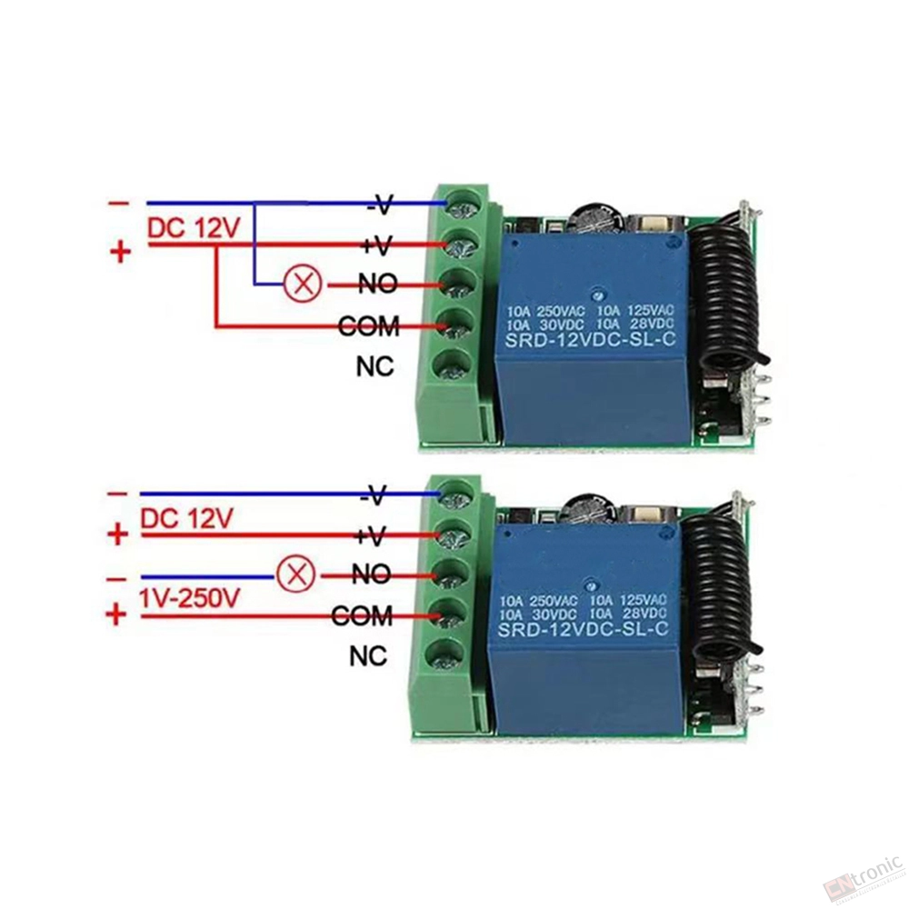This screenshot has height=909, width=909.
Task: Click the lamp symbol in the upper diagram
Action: pos(302,285)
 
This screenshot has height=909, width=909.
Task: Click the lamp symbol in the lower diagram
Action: pos(295,575)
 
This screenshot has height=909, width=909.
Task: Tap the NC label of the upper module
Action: pos(375,366)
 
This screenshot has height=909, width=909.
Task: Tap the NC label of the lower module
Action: pos(368,657)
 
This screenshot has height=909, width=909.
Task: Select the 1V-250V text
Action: pos(188,598)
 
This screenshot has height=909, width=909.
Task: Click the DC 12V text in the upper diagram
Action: pos(193,228)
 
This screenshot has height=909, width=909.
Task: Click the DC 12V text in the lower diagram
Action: pos(186,518)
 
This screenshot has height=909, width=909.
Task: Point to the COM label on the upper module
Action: pos(369,326)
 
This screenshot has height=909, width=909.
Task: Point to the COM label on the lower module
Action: pos(363,615)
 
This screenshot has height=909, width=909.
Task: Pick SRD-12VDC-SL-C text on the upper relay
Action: pos(591,339)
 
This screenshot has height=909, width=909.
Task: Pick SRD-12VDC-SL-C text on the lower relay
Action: pos(584,628)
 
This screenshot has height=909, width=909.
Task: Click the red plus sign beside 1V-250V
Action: pos(116,614)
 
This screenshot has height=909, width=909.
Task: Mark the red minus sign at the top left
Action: pos(119,204)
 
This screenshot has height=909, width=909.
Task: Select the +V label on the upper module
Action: pos(376,245)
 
